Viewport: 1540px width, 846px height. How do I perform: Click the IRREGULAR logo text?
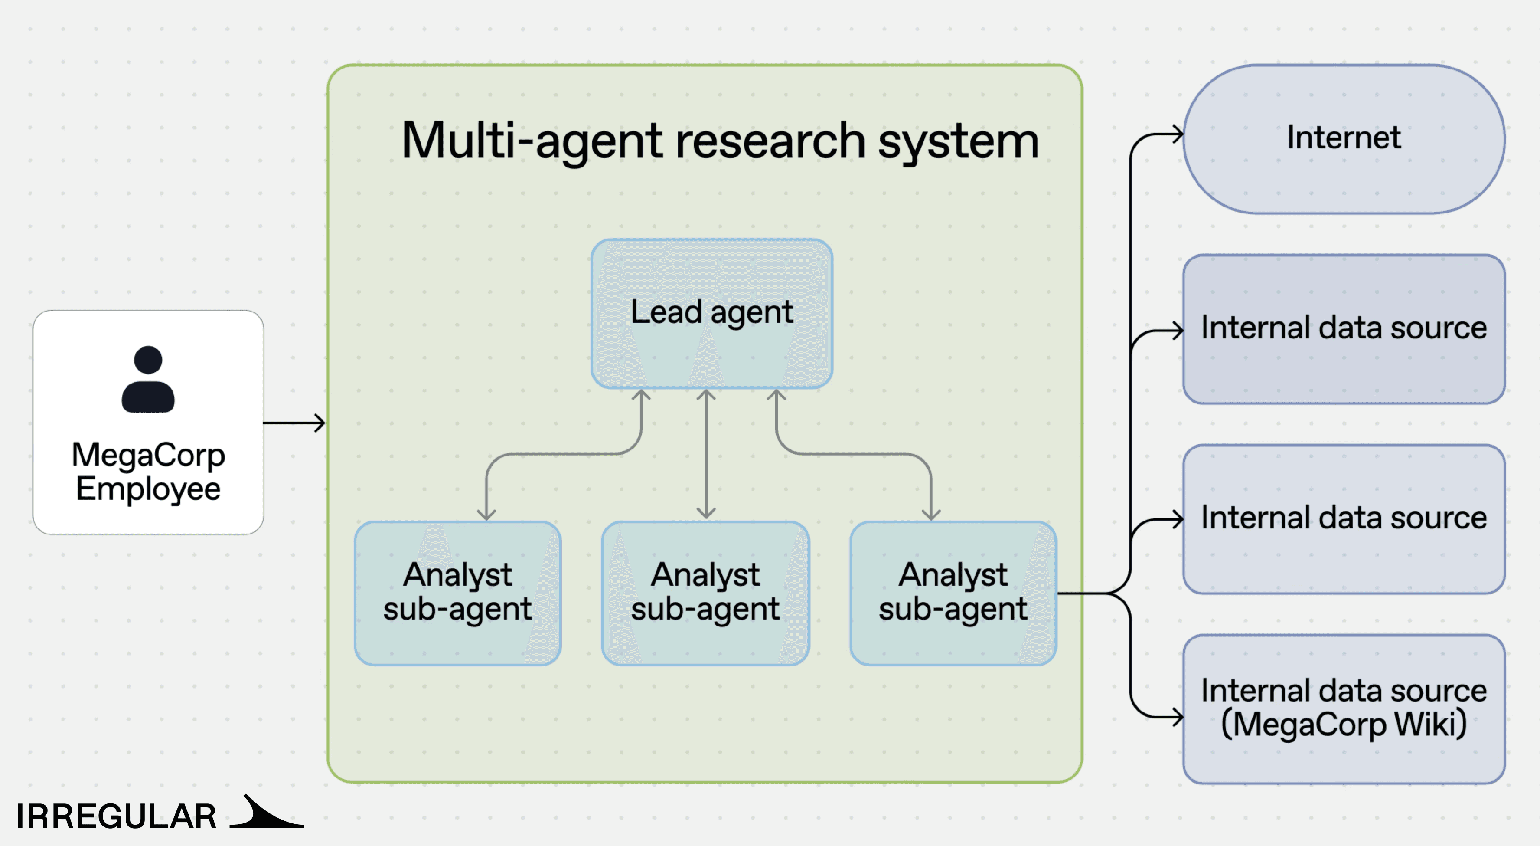(116, 816)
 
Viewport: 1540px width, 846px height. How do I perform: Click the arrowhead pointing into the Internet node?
(1178, 134)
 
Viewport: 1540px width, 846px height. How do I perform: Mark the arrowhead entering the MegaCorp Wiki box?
(1178, 716)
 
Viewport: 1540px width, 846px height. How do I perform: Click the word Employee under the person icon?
(148, 489)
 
